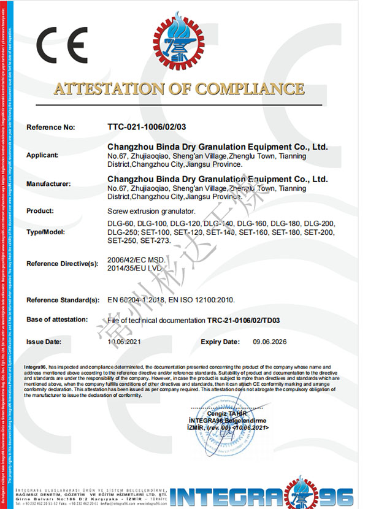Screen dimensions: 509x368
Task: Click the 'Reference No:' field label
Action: point(50,128)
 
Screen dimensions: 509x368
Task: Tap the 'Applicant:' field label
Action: point(42,155)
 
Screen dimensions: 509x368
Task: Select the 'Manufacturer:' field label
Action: point(49,183)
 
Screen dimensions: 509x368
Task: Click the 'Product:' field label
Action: point(40,210)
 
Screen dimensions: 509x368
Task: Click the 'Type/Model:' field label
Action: point(47,232)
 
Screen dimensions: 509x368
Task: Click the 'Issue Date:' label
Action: point(44,341)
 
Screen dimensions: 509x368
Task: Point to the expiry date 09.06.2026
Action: point(270,341)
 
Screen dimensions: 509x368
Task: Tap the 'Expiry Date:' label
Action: point(220,341)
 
